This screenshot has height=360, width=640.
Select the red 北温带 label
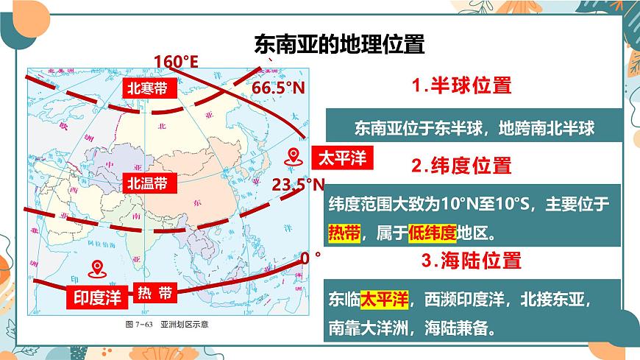(x=150, y=182)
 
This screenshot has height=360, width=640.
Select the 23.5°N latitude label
(x=298, y=184)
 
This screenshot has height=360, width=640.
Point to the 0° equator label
(x=311, y=258)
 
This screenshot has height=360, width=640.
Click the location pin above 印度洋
(x=96, y=269)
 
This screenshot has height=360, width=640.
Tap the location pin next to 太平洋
(x=295, y=157)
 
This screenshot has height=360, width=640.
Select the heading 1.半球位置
(x=461, y=85)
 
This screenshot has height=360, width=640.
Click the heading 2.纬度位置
(x=461, y=165)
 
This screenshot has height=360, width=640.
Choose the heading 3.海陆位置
(x=472, y=260)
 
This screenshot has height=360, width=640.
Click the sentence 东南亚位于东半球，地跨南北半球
(x=474, y=127)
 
